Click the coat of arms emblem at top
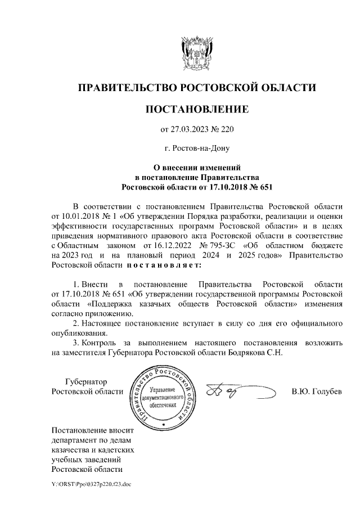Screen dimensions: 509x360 click(196, 52)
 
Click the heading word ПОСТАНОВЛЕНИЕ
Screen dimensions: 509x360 click(196, 110)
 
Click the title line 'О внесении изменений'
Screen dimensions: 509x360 click(196, 167)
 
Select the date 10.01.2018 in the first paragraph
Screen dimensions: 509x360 click(83, 216)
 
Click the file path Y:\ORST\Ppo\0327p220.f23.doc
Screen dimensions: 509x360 click(91, 483)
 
